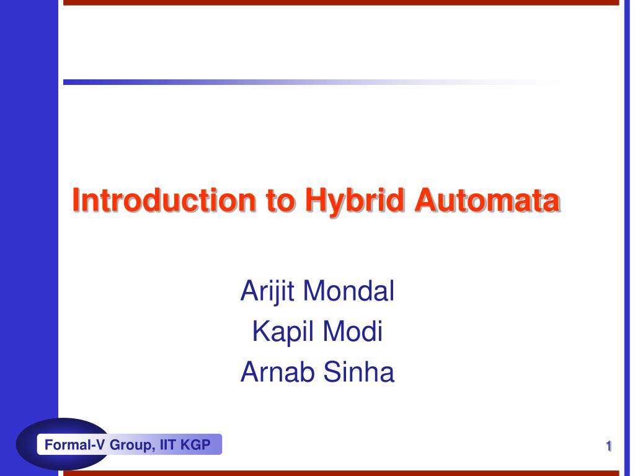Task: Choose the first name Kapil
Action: coord(276,332)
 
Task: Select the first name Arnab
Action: coord(274,372)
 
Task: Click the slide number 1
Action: coord(609,446)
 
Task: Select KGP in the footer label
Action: coord(195,444)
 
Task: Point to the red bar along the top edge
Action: coord(341,2)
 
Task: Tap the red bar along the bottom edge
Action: coord(341,473)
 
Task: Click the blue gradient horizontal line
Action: coord(186,82)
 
